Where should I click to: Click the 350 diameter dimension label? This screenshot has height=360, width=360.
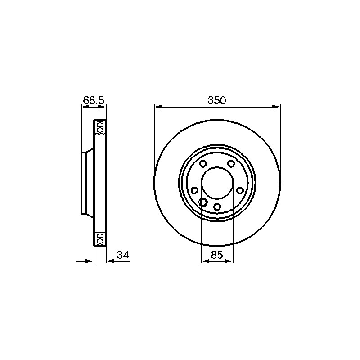click(217, 100)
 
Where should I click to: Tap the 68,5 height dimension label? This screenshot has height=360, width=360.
click(94, 100)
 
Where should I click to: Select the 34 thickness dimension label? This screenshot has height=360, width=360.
click(123, 255)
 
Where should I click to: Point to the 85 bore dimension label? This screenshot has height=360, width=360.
click(217, 255)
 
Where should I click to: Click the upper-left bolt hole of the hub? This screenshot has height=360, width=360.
click(203, 164)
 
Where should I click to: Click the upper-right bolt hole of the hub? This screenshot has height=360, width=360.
click(231, 164)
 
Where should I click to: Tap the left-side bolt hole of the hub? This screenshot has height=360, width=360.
click(194, 190)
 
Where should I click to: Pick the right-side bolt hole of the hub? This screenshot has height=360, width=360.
click(240, 190)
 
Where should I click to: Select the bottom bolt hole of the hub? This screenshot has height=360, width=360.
click(217, 207)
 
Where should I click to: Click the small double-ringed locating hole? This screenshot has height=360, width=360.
click(203, 202)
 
